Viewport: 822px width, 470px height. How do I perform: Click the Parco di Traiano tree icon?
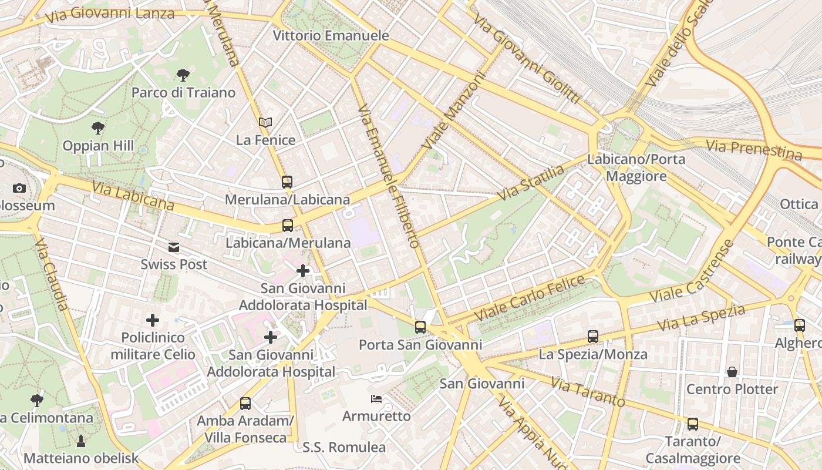point(183,75)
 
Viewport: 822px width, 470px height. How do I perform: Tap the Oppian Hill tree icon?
point(98,127)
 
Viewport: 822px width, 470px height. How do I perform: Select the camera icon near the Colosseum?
point(19,188)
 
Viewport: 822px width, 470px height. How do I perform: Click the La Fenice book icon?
point(265,122)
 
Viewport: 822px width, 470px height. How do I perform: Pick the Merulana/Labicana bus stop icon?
point(287,182)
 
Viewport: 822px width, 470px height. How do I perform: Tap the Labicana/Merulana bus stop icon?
point(287,225)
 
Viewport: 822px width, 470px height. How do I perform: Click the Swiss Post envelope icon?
point(174,247)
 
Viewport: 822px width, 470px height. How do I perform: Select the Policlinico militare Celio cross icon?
point(153,320)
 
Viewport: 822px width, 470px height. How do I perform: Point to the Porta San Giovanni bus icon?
point(420,327)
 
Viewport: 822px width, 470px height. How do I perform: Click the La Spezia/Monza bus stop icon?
point(593,337)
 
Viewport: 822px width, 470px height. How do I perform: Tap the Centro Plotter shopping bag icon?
point(732,372)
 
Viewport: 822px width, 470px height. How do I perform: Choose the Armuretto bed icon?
point(376,399)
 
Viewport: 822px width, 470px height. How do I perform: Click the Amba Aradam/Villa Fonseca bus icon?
point(245,404)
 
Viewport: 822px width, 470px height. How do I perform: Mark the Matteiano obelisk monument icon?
point(81,441)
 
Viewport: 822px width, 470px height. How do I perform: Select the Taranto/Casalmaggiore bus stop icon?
point(693,424)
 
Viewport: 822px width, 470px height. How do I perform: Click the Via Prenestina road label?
point(754,149)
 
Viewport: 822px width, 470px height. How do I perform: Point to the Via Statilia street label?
point(531,183)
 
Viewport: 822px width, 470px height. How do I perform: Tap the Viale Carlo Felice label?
point(530,297)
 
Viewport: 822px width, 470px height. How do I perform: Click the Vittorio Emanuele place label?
point(331,35)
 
